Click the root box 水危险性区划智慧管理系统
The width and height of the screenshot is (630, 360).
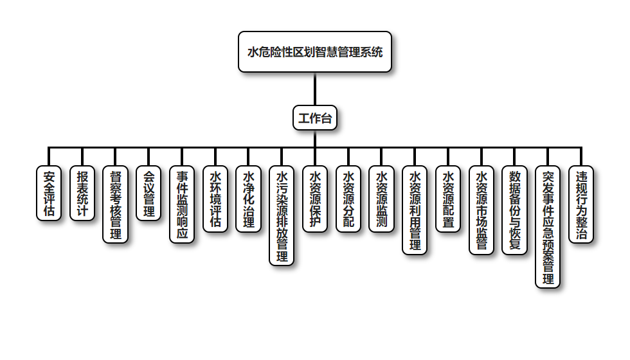point(314,52)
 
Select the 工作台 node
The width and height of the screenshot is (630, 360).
point(314,118)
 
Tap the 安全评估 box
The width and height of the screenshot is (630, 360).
point(49,194)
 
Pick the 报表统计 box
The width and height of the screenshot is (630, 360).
point(82,194)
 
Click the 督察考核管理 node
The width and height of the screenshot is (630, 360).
point(116,204)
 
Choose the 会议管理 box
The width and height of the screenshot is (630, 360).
point(148,194)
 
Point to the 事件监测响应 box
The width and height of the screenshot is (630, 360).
point(182,204)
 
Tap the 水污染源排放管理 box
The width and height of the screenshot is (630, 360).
point(282,215)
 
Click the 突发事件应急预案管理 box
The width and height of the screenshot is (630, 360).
point(548,226)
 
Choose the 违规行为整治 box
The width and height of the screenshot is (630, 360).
point(581,204)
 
